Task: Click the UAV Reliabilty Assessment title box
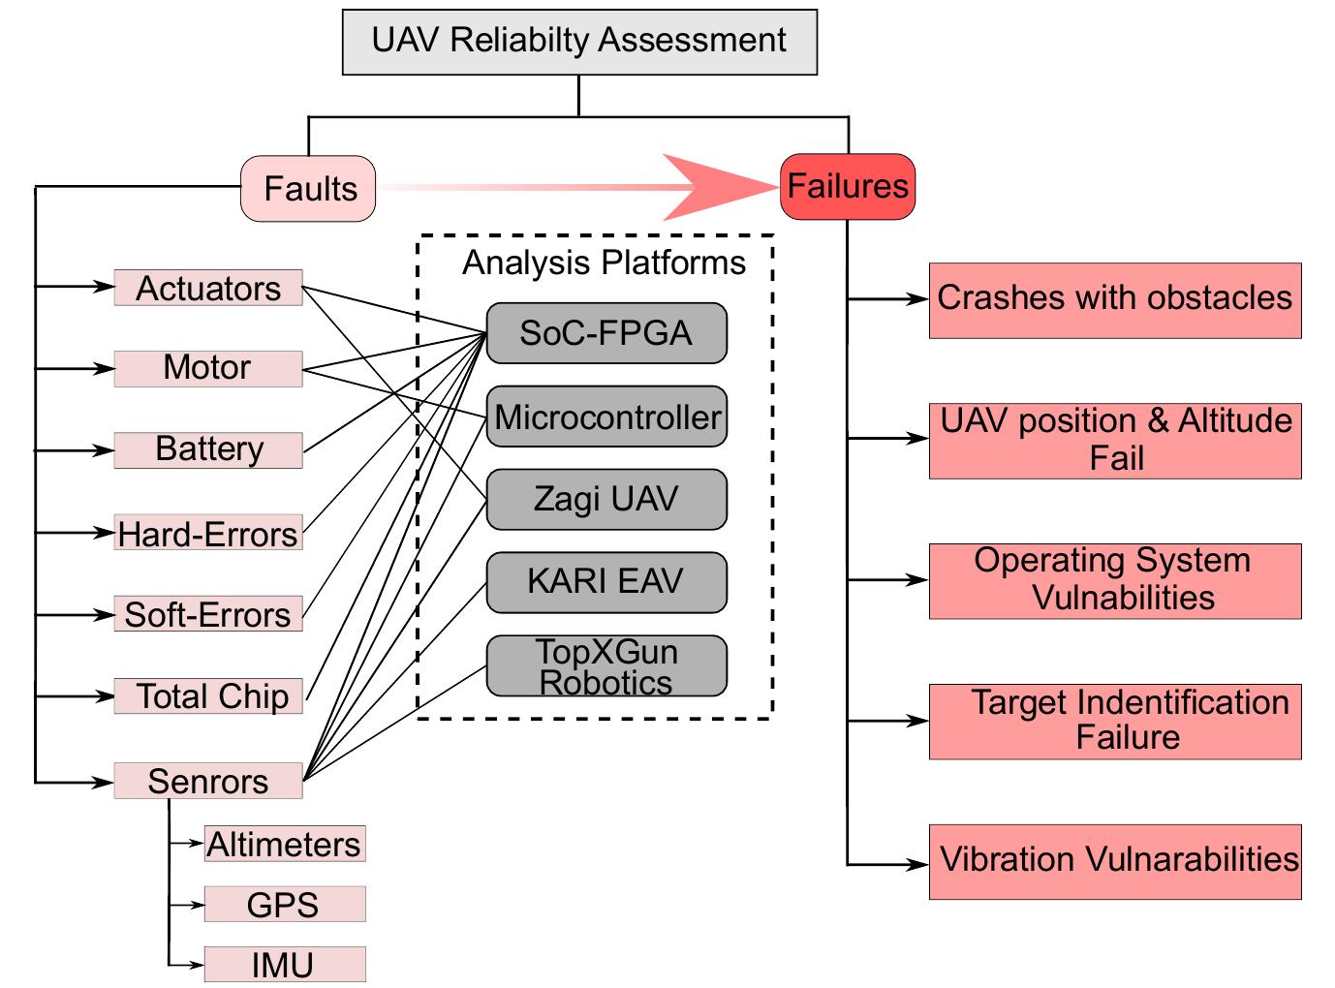(x=579, y=42)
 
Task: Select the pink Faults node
(x=308, y=189)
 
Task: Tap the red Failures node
(x=847, y=186)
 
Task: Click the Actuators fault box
(x=208, y=288)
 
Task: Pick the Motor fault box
(x=208, y=368)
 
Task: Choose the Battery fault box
(x=208, y=450)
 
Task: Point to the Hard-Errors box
(x=208, y=533)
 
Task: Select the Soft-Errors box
(x=208, y=614)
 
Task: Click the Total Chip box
(x=208, y=695)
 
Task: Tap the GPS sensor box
(x=284, y=904)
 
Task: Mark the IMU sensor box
(x=284, y=965)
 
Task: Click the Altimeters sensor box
(x=284, y=844)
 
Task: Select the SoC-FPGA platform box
(x=606, y=333)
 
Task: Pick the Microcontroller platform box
(x=606, y=417)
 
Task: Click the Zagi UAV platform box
(x=606, y=500)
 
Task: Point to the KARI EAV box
(x=606, y=582)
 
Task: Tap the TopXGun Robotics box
(x=606, y=666)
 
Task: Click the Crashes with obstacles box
(x=1114, y=299)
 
